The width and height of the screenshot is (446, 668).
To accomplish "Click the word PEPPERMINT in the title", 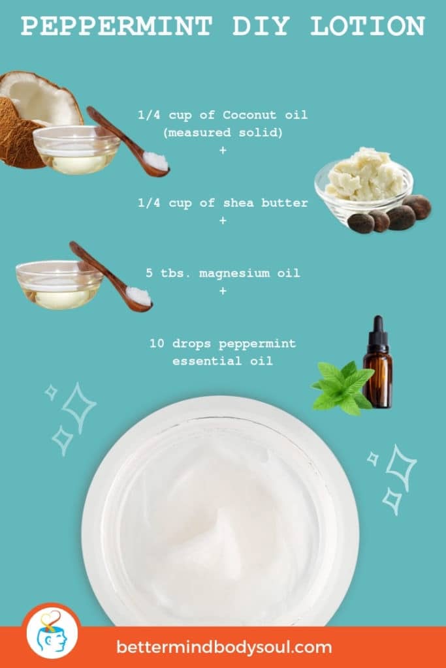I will coord(116,27).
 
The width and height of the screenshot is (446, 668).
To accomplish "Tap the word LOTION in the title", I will coord(368,27).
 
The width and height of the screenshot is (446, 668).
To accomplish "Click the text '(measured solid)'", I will coord(223,133).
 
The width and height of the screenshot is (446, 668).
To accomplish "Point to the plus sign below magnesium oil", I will coord(223,291).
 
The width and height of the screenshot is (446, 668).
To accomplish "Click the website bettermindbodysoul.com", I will coord(224,648).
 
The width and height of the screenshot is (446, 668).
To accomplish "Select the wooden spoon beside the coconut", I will coord(128,141).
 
